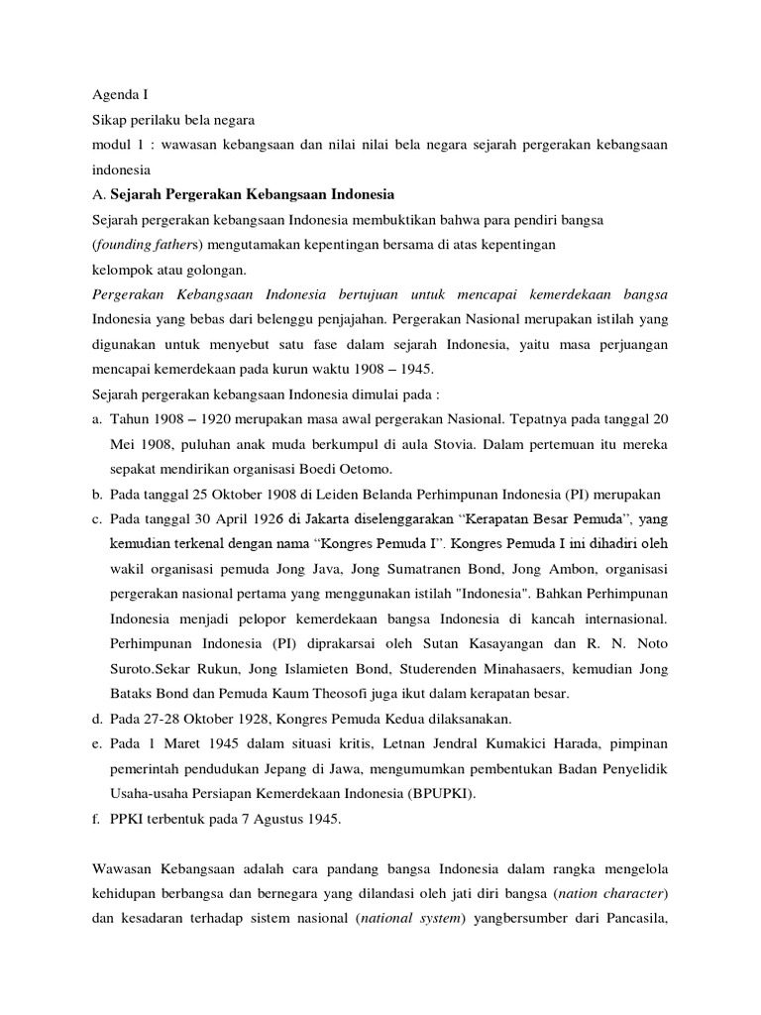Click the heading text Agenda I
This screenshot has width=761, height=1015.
click(119, 96)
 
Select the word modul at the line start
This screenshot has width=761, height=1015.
click(108, 145)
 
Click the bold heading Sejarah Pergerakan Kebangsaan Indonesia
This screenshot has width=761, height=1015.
click(253, 192)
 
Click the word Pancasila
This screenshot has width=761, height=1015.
click(629, 917)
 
